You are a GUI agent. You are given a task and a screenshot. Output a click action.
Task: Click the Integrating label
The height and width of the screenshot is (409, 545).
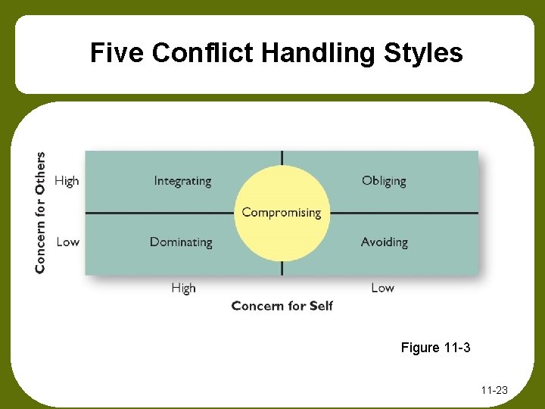(182, 181)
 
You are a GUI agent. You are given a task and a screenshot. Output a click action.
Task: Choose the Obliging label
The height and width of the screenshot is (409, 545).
(384, 181)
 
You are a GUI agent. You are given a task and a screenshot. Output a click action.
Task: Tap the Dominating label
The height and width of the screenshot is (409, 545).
(181, 242)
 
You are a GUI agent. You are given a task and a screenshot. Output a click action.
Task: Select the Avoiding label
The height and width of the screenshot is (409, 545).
(384, 242)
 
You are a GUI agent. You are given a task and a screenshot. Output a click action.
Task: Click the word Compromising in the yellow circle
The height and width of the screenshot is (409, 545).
(282, 213)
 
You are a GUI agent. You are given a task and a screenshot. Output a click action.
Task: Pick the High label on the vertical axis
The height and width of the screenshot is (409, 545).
(67, 181)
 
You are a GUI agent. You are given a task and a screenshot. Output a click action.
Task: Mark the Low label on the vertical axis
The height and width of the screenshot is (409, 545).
(67, 242)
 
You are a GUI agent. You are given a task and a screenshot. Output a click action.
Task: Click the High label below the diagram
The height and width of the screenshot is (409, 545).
(183, 288)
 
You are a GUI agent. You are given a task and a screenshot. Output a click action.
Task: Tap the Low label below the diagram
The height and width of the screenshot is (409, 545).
(382, 288)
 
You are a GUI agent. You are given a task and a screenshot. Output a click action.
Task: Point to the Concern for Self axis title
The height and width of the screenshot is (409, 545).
(282, 306)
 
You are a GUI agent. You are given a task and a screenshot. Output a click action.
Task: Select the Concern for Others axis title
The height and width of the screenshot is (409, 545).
(40, 212)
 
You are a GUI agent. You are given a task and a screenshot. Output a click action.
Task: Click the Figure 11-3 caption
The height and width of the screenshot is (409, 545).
(435, 348)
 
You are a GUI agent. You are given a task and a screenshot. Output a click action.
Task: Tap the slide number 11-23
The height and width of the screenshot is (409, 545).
(494, 391)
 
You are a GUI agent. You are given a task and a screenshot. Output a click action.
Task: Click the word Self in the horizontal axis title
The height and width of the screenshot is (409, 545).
(321, 306)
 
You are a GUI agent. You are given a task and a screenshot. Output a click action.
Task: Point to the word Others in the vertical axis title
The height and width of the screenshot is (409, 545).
(40, 173)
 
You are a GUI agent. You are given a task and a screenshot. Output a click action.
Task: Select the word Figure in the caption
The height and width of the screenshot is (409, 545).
(420, 348)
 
